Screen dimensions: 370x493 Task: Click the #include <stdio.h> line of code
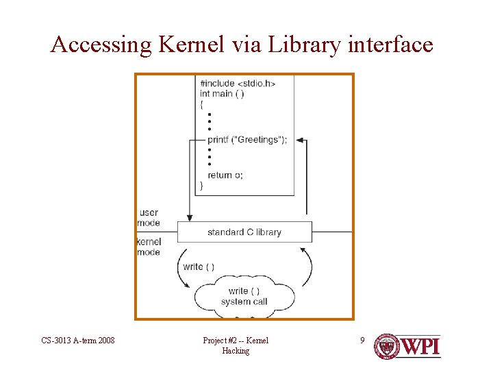(x=238, y=84)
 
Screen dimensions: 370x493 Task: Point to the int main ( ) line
(x=222, y=94)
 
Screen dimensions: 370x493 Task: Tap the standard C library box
(x=244, y=232)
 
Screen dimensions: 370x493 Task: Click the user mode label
(x=149, y=217)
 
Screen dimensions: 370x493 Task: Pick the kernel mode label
(x=149, y=247)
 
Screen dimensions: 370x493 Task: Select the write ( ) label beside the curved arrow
(x=199, y=267)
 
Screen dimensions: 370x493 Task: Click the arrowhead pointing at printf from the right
(x=299, y=140)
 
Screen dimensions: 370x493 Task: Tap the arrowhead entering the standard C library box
(x=188, y=217)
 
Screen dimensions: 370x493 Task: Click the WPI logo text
(x=420, y=346)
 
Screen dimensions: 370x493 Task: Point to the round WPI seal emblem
(x=386, y=346)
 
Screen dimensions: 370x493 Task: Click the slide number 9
(x=364, y=340)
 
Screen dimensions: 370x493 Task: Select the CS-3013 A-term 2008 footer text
(x=78, y=341)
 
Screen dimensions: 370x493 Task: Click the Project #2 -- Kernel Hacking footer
(x=236, y=345)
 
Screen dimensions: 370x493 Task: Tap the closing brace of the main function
(x=201, y=186)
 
